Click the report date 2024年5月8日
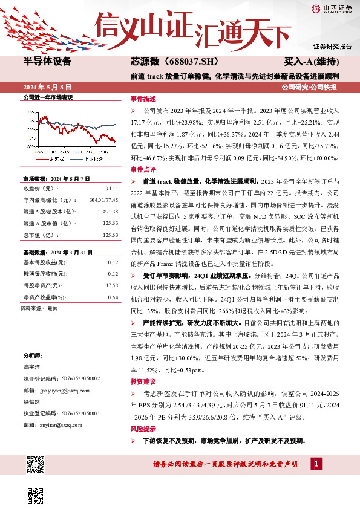point(51,87)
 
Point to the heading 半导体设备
point(47,62)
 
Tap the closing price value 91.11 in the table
point(111,189)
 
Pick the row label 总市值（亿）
point(38,235)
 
